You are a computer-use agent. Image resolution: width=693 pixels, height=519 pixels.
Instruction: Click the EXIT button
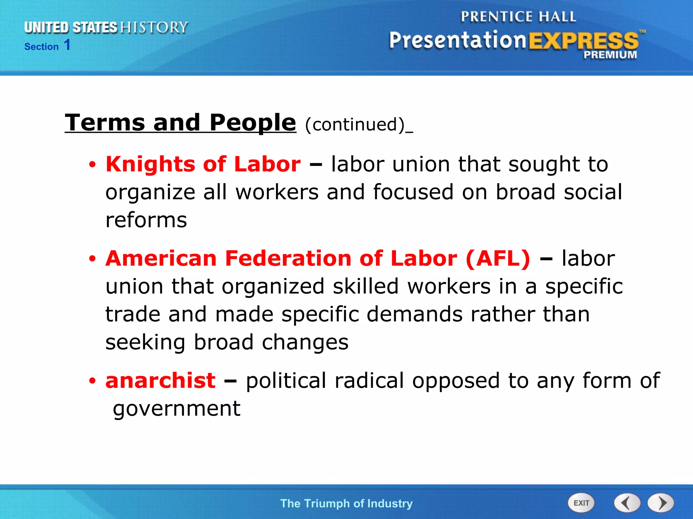tap(581, 503)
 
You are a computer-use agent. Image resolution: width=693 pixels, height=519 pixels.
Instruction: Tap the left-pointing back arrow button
tap(627, 503)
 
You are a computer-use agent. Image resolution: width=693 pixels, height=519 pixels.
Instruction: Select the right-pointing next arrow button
tap(661, 503)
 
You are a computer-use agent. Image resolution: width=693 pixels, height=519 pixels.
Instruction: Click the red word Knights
tap(150, 165)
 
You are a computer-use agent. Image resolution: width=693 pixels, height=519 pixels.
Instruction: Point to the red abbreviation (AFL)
tap(498, 259)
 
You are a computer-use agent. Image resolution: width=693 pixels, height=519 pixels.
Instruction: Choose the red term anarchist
tap(160, 381)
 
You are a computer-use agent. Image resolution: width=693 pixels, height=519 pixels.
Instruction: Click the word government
tap(176, 409)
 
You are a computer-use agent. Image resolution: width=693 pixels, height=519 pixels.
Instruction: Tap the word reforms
tap(146, 220)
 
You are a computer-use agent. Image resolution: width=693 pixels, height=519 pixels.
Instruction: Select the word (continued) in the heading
tap(355, 125)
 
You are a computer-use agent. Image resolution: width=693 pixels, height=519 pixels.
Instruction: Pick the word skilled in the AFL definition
tap(366, 287)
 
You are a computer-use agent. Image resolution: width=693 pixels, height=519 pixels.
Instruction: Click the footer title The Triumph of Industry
tap(346, 503)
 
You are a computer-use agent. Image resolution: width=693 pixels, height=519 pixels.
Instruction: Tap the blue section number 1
tap(67, 45)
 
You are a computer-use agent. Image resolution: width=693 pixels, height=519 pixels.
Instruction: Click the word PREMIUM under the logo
tap(610, 55)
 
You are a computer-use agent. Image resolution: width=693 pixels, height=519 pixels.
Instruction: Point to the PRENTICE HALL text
tap(518, 17)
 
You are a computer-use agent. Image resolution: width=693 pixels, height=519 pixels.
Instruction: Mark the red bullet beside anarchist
tap(92, 381)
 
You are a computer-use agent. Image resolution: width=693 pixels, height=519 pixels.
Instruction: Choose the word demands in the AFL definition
tap(415, 315)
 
